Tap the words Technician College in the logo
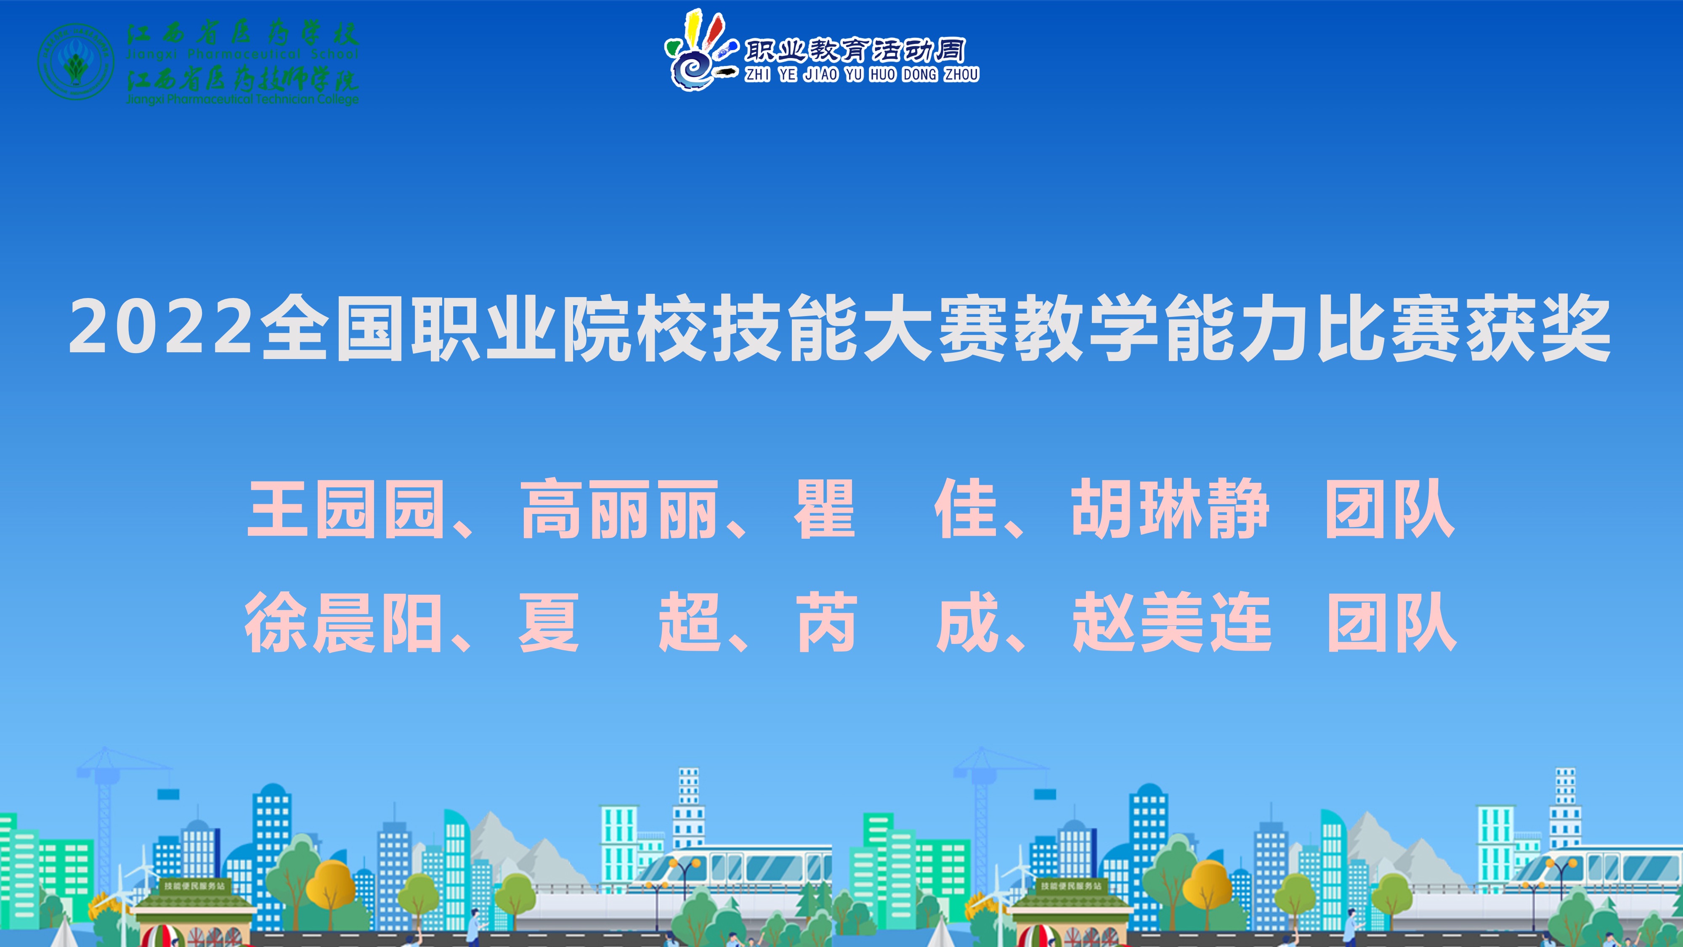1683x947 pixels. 307,99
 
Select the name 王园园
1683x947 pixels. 346,509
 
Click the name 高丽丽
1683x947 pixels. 619,509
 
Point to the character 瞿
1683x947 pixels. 825,509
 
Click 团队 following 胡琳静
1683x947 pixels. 1390,509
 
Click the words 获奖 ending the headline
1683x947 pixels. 1539,327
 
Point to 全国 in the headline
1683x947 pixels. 333,327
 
